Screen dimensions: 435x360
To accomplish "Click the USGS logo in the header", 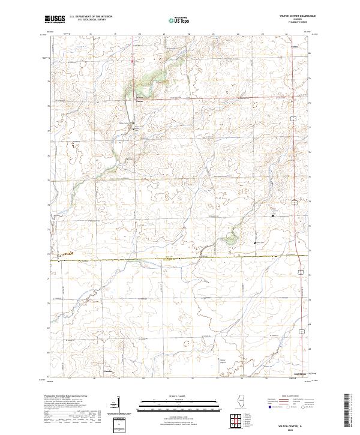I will click(x=55, y=20).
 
